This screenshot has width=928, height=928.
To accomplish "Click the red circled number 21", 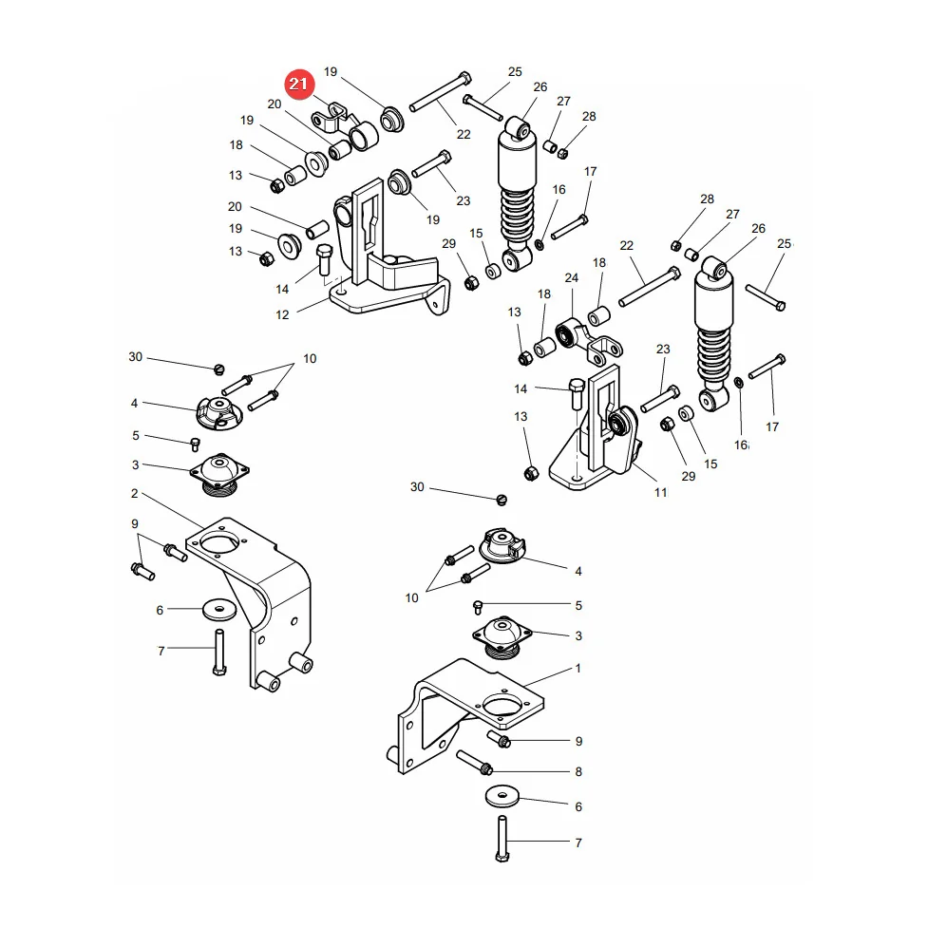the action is [x=299, y=84].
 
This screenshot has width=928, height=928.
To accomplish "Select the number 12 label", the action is [x=282, y=314].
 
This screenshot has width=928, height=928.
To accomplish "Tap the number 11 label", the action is [x=660, y=492].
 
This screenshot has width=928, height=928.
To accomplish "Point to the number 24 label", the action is [x=571, y=277].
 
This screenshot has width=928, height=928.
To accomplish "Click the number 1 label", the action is [x=578, y=668].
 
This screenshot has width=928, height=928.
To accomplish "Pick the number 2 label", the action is [x=134, y=493].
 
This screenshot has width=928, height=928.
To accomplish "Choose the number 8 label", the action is [x=578, y=772].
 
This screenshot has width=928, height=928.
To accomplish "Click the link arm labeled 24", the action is [x=589, y=342].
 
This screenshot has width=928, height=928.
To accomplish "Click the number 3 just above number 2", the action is [x=135, y=465].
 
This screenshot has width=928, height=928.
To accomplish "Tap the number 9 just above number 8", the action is [x=578, y=741].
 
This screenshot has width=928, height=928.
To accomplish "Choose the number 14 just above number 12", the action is [x=282, y=290].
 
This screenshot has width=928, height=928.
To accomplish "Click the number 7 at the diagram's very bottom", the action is [x=578, y=843].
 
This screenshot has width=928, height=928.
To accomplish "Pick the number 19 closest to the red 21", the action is [x=331, y=71].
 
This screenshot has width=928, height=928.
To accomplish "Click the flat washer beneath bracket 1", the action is [x=502, y=796].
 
